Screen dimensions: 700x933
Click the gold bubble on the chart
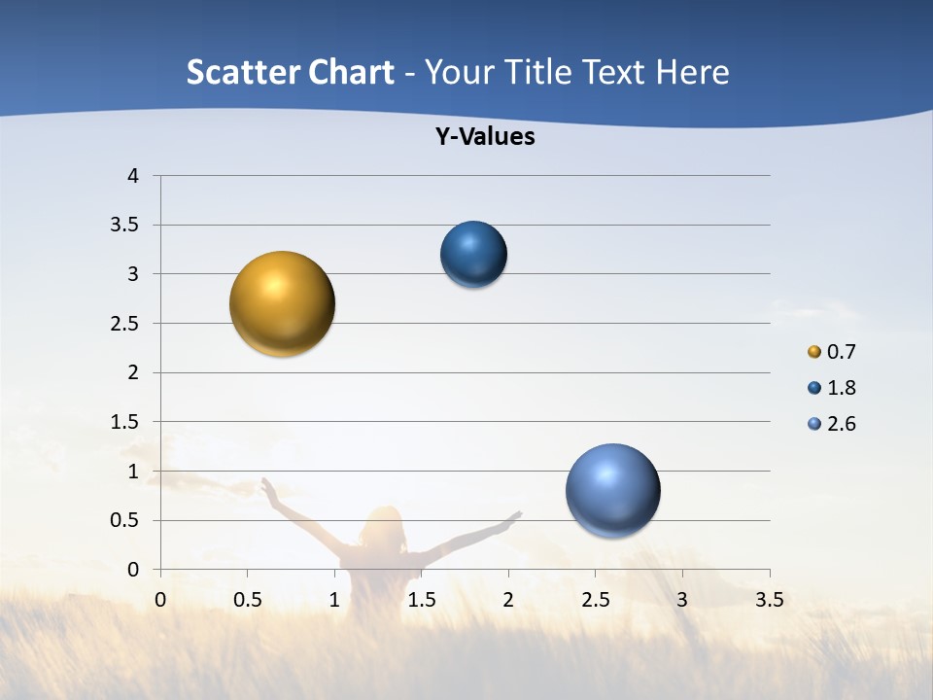pyautogui.click(x=282, y=303)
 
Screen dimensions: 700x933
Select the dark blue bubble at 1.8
pyautogui.click(x=473, y=254)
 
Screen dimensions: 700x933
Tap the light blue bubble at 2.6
pyautogui.click(x=612, y=491)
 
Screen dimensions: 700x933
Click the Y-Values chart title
pyautogui.click(x=485, y=137)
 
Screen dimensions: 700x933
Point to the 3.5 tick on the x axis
pyautogui.click(x=769, y=600)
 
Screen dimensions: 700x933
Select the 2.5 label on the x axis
pyautogui.click(x=595, y=600)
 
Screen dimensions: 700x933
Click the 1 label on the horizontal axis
pyautogui.click(x=334, y=600)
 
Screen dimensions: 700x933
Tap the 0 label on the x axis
pyautogui.click(x=160, y=600)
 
